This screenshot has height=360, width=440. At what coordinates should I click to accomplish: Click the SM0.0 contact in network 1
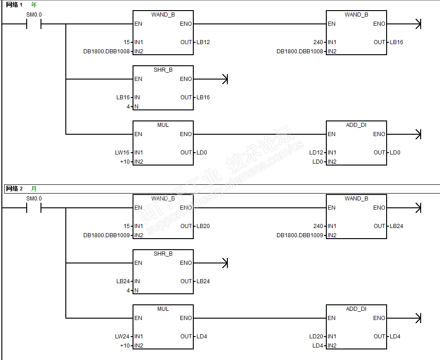coord(34,24)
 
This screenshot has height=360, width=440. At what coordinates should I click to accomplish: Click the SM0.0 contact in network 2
coord(34,208)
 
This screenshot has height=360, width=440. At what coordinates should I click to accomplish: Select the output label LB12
coord(203,42)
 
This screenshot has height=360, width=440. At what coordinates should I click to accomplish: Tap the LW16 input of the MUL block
coord(122,153)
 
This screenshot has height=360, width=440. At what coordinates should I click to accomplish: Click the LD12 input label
coord(316,153)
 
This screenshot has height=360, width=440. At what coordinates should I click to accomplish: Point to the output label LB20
coord(203,226)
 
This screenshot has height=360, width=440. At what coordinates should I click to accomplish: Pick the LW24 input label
coord(122,337)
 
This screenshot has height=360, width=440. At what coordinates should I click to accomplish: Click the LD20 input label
coord(316,337)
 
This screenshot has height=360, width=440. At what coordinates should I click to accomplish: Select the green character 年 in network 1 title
coord(34,5)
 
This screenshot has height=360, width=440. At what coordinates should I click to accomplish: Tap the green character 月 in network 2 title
coord(34,189)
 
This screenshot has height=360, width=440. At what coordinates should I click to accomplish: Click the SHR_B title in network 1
coord(163,69)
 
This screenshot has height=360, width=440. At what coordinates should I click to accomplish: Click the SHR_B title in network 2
coord(163,253)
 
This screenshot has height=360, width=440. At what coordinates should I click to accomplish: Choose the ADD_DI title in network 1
coord(356,125)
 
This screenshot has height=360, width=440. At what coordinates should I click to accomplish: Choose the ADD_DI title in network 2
coord(356,309)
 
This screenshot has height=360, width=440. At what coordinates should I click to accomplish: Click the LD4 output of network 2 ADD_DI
coord(395,337)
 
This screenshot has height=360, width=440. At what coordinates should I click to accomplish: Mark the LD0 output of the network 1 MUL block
coord(202,153)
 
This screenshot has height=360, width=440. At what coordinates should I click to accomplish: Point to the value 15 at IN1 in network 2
coord(127,226)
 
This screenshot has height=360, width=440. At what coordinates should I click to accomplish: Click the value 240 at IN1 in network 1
coord(318,42)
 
